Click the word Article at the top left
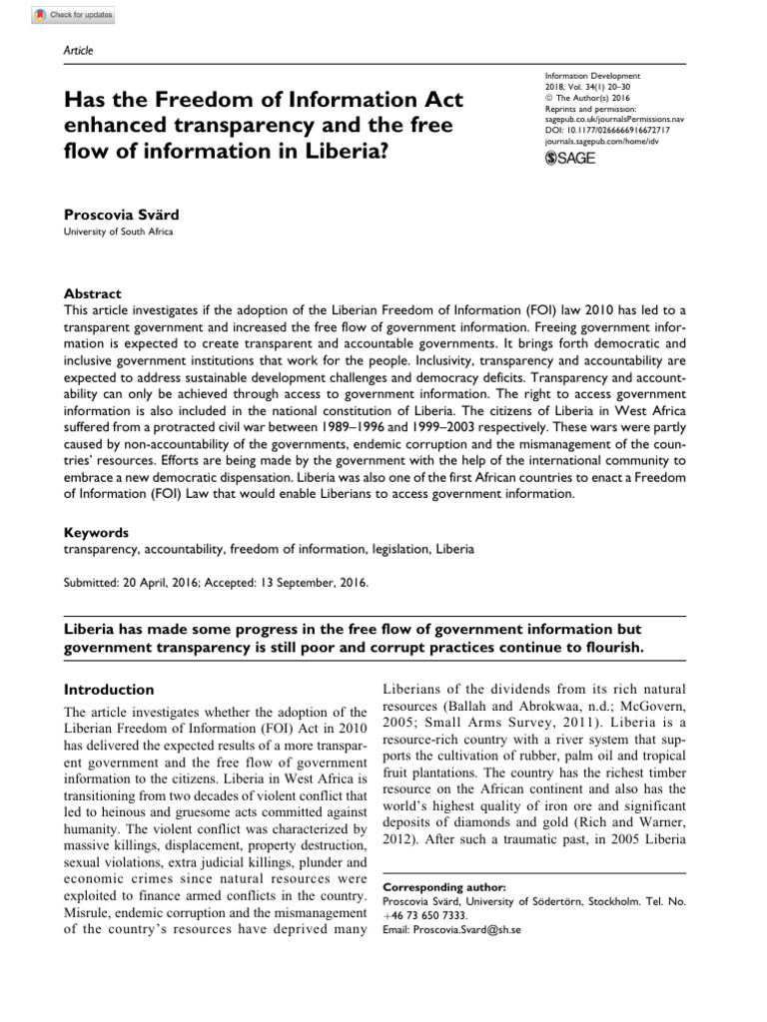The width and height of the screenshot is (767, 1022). click(x=77, y=51)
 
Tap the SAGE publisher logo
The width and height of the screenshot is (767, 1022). click(x=572, y=160)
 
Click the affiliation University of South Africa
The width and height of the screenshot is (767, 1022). click(x=118, y=233)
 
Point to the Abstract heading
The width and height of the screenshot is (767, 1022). click(x=92, y=294)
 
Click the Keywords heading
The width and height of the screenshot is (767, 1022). click(x=96, y=533)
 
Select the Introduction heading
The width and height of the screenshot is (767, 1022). click(x=109, y=690)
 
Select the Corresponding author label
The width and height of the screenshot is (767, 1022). click(x=444, y=886)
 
